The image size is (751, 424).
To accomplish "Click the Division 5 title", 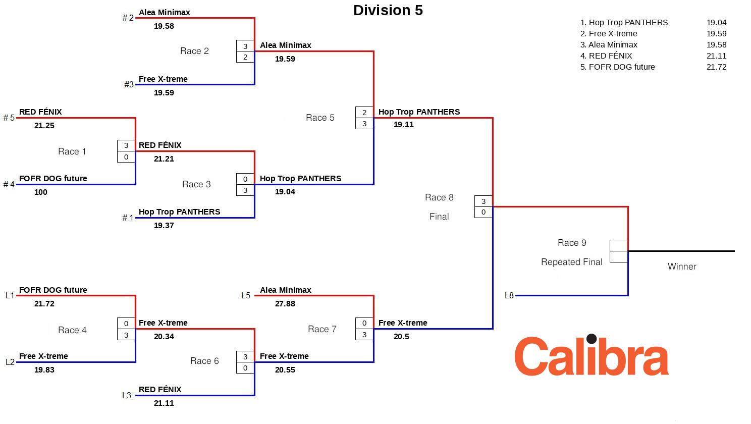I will point(388,11).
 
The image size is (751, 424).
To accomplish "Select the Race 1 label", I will point(72,151).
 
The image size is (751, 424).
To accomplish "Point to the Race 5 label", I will point(320,118).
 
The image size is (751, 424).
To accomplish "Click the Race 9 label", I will point(572,243).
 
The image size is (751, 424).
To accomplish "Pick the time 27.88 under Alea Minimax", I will point(285,304).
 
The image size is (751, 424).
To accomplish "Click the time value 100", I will point(41,192).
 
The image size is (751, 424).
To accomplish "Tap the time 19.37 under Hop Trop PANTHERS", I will point(164,226).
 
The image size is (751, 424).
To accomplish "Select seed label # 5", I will point(9,118).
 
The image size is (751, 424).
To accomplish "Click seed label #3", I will point(129,85).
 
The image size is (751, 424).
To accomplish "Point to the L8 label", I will point(509,296).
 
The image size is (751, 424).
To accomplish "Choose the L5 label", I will point(246,296).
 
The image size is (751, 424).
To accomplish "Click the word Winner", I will point(682,267).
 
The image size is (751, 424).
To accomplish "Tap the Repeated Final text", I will point(571,262).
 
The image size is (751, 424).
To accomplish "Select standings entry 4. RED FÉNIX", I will point(606,56).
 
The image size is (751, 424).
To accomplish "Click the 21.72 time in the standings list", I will point(716,67).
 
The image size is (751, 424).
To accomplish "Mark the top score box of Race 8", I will point(484,201).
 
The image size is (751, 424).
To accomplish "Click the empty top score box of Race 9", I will point(619,245).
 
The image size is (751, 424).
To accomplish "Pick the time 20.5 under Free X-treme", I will point(401,337).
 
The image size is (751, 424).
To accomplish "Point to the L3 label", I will point(127,396).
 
